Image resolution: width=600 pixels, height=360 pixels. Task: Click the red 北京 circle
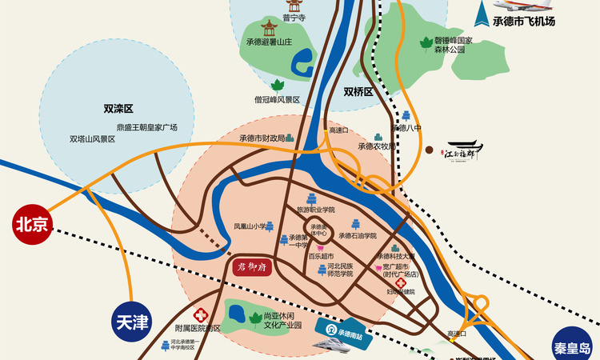[x=32, y=225]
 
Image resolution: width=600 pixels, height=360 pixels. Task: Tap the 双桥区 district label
[x=358, y=92]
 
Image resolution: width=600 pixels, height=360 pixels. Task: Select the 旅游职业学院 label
[x=315, y=210]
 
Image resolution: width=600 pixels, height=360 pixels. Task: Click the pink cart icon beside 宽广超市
[x=378, y=266]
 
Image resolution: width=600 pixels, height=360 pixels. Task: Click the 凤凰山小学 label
[x=250, y=226]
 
